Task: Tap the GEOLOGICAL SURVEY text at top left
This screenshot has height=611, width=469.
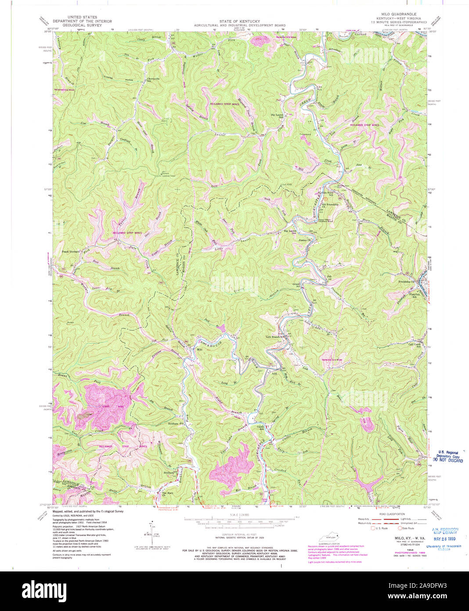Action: tap(83, 25)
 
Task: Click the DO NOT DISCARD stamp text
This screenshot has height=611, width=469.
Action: tap(447, 461)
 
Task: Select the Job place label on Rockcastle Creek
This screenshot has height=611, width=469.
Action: tap(329, 276)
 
